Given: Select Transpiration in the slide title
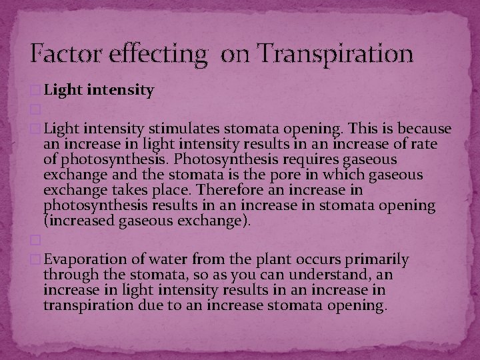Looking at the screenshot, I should click(x=331, y=53).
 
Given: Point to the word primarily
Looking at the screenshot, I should click(x=375, y=259).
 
